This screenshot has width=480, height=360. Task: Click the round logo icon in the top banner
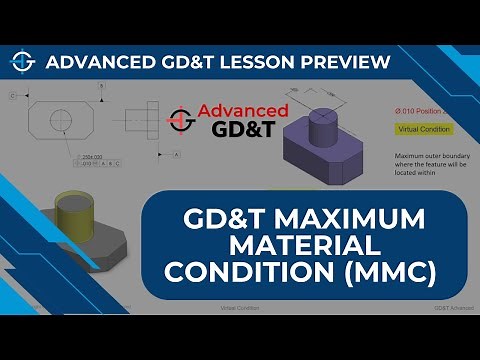(x=22, y=62)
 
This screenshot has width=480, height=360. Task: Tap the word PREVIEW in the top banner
(x=342, y=63)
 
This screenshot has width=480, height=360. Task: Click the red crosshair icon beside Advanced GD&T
(x=182, y=119)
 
